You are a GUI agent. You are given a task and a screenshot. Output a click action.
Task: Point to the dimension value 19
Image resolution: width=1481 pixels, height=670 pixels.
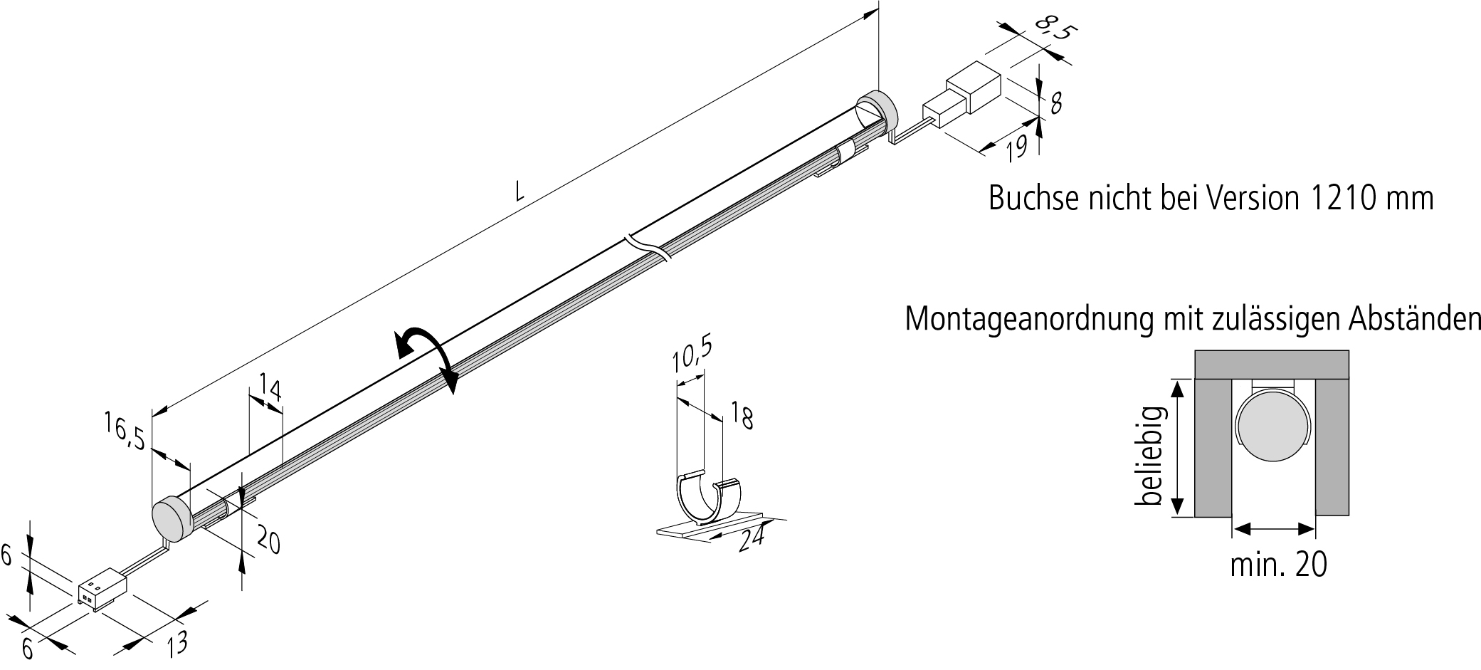pos(1017,147)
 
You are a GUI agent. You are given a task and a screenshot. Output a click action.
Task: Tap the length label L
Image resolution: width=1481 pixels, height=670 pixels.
pos(520,190)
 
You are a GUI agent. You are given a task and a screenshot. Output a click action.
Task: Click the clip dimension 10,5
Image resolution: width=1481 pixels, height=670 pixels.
pos(692,355)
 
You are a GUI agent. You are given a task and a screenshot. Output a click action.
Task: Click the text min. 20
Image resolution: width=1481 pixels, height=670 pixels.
pos(1278,565)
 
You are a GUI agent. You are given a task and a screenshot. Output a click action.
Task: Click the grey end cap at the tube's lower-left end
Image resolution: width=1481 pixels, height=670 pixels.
pos(172,518)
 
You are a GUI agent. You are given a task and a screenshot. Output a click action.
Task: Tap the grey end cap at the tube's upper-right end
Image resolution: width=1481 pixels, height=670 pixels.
pos(877,111)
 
